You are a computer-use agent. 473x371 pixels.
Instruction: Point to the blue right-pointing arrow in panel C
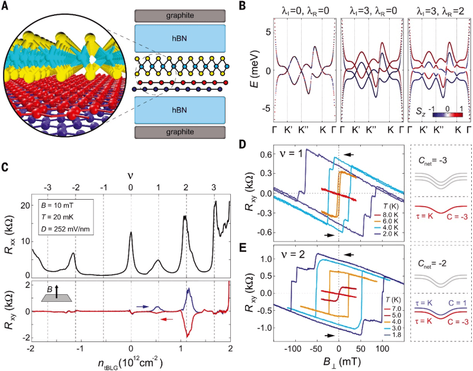coord(142,307)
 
